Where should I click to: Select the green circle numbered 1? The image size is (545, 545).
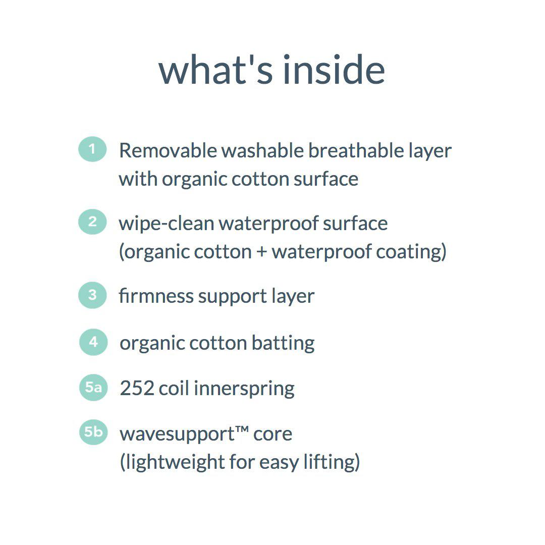pos(92,149)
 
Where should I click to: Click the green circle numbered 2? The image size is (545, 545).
pos(92,222)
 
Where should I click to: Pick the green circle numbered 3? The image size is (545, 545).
pos(92,295)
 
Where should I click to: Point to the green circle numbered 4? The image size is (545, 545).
pos(93,342)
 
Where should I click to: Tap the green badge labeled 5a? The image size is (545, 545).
pos(93,388)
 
